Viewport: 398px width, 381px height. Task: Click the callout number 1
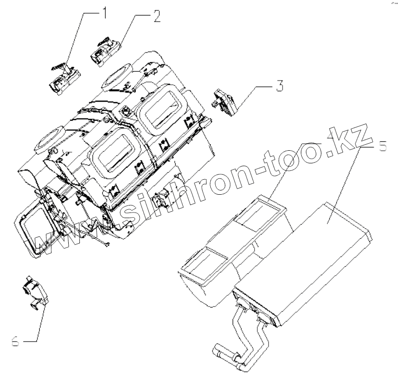pyautogui.click(x=104, y=13)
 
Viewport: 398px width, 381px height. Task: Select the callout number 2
pyautogui.click(x=156, y=16)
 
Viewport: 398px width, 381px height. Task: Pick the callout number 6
pyautogui.click(x=14, y=341)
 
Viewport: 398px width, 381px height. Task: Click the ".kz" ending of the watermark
pyautogui.click(x=353, y=140)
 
